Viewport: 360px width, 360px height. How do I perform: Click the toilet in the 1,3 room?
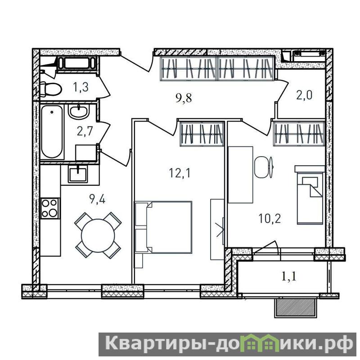(50, 89)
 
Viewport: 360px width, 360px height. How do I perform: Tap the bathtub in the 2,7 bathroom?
(52, 131)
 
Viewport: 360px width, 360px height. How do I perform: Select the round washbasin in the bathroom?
(78, 112)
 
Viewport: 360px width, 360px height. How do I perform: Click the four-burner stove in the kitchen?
(50, 208)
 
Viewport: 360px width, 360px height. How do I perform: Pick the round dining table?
(98, 235)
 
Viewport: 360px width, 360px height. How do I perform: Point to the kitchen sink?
(78, 174)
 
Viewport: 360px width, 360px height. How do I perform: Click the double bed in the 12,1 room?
(163, 227)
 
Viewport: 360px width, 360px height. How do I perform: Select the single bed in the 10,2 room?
(310, 195)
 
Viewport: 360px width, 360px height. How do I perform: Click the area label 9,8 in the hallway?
(184, 98)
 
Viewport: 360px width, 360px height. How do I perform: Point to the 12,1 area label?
(180, 173)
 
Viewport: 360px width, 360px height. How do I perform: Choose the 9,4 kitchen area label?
(97, 199)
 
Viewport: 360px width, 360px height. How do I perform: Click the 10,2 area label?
(270, 219)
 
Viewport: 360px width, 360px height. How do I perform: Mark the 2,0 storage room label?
(305, 95)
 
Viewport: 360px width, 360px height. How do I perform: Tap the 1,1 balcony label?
(289, 276)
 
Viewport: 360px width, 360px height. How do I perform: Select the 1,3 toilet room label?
(81, 87)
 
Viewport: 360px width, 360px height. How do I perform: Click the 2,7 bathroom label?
(85, 132)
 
